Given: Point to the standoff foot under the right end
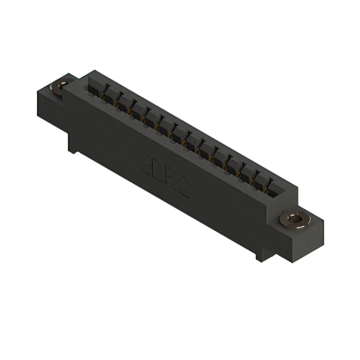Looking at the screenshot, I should [263, 253].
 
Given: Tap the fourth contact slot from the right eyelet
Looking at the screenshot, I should [232, 164].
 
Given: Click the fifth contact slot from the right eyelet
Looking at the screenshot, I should [218, 156].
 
